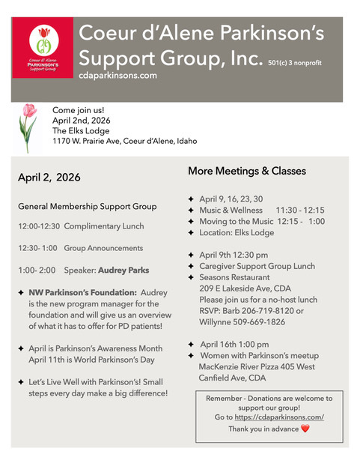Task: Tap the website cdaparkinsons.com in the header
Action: tap(118, 76)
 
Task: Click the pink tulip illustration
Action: tap(28, 127)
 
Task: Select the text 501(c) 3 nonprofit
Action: tap(305, 64)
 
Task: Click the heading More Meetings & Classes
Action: tap(246, 171)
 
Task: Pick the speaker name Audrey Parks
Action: tap(123, 270)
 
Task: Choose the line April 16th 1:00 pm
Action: tap(237, 344)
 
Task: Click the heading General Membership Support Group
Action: tap(88, 206)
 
